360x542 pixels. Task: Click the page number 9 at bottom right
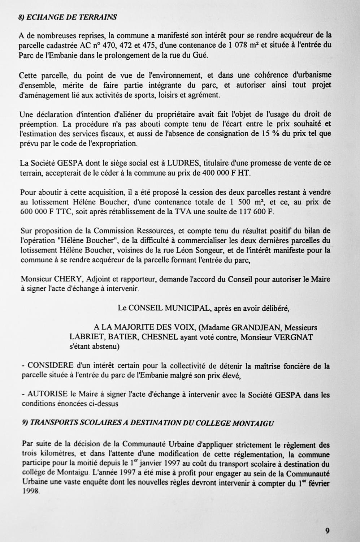(327, 531)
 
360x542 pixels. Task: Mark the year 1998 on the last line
(30, 492)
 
